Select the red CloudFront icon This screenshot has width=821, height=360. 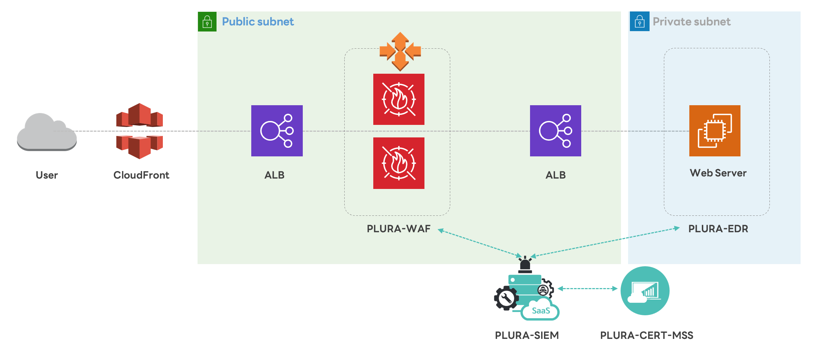[140, 131]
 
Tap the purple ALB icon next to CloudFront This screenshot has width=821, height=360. [277, 131]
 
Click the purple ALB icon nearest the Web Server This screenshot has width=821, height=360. [555, 131]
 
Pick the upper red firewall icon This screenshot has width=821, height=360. [399, 99]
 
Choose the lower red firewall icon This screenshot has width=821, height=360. [399, 163]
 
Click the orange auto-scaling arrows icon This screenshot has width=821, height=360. [400, 51]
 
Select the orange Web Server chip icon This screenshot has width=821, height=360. [715, 131]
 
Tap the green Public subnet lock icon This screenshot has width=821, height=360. [207, 21]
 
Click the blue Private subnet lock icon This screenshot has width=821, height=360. [640, 21]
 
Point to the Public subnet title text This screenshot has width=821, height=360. [258, 21]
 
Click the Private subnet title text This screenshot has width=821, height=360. [691, 21]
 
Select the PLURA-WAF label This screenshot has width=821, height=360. [398, 229]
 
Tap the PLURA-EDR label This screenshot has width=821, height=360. [718, 229]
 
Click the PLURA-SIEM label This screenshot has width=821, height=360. [526, 335]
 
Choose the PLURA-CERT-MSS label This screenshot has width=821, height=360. [646, 335]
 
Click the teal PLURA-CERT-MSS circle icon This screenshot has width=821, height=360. [645, 291]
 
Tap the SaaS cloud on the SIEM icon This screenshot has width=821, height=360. [541, 311]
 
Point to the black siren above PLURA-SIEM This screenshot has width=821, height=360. [525, 265]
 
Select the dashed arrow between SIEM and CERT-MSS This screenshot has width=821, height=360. [587, 288]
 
